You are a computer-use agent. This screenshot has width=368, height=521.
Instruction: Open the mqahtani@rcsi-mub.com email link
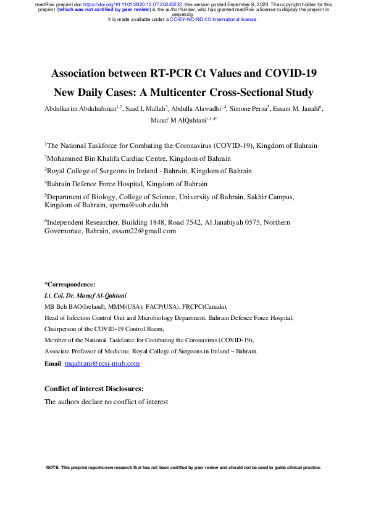click(x=102, y=363)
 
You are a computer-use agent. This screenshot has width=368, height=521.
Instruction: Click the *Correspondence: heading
click(x=70, y=284)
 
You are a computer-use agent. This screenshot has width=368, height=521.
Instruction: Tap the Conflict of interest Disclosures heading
click(x=94, y=389)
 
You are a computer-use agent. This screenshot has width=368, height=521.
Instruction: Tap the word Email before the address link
click(x=53, y=363)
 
